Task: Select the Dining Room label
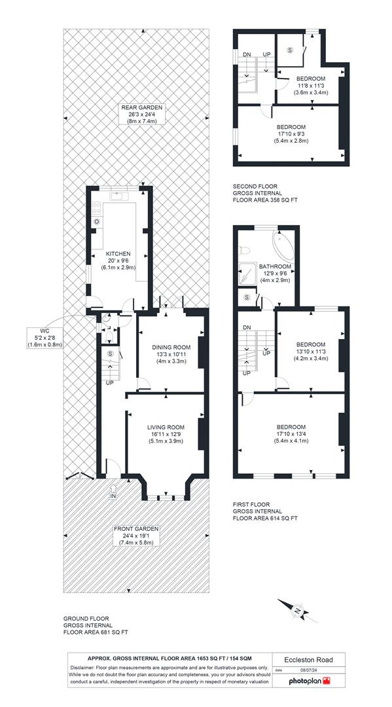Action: (x=171, y=354)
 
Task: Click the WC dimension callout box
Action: (x=44, y=337)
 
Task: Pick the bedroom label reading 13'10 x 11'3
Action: (x=310, y=352)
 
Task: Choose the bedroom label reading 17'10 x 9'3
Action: (x=291, y=134)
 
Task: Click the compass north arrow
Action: (x=298, y=611)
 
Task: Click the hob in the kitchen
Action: (x=97, y=209)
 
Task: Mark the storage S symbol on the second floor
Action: (x=290, y=49)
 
